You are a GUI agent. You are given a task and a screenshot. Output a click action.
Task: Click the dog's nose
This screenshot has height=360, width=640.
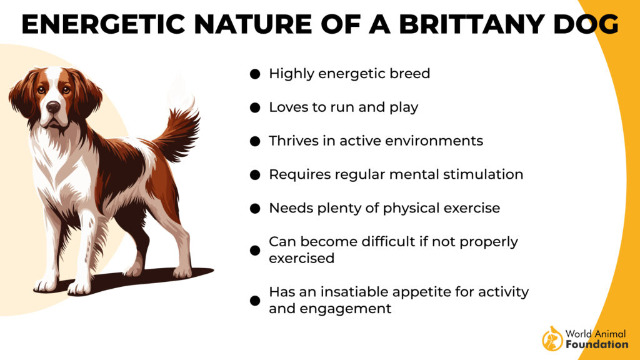coord(53,107)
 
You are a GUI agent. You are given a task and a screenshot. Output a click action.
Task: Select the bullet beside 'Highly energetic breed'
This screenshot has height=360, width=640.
coord(255,74)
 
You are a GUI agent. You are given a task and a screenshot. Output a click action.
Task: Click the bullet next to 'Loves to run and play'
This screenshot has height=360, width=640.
coord(255,107)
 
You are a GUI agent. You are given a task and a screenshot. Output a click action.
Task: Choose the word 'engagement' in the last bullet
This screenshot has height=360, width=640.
coord(345,309)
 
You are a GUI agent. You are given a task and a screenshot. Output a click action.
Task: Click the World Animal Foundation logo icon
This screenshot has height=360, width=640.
coord(552,338)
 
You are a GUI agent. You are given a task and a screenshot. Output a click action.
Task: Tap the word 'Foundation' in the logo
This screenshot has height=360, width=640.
coord(597,344)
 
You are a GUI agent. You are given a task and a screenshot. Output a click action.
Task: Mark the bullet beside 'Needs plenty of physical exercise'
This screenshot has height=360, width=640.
coord(255,209)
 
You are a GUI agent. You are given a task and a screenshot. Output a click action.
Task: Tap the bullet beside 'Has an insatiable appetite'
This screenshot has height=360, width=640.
coord(255,301)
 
